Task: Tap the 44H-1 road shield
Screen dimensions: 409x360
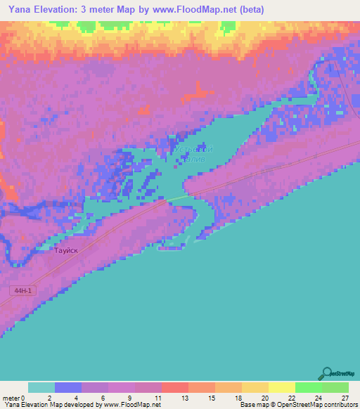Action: point(22,290)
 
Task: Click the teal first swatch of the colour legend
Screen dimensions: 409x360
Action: point(41,387)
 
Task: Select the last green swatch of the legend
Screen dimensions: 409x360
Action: point(335,387)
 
